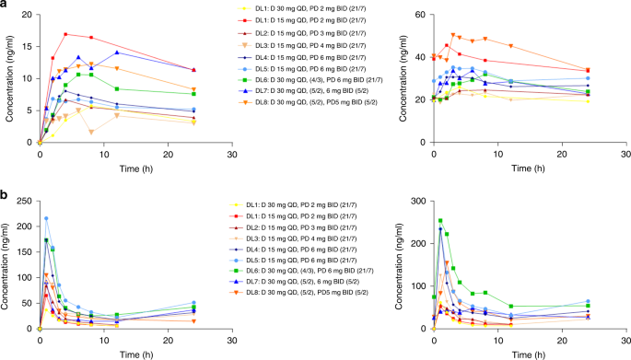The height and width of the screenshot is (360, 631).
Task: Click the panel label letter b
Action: pos(5,195)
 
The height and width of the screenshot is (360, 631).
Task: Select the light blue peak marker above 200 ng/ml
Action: pos(46,218)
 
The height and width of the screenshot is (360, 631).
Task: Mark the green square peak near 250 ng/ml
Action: pos(440,221)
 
